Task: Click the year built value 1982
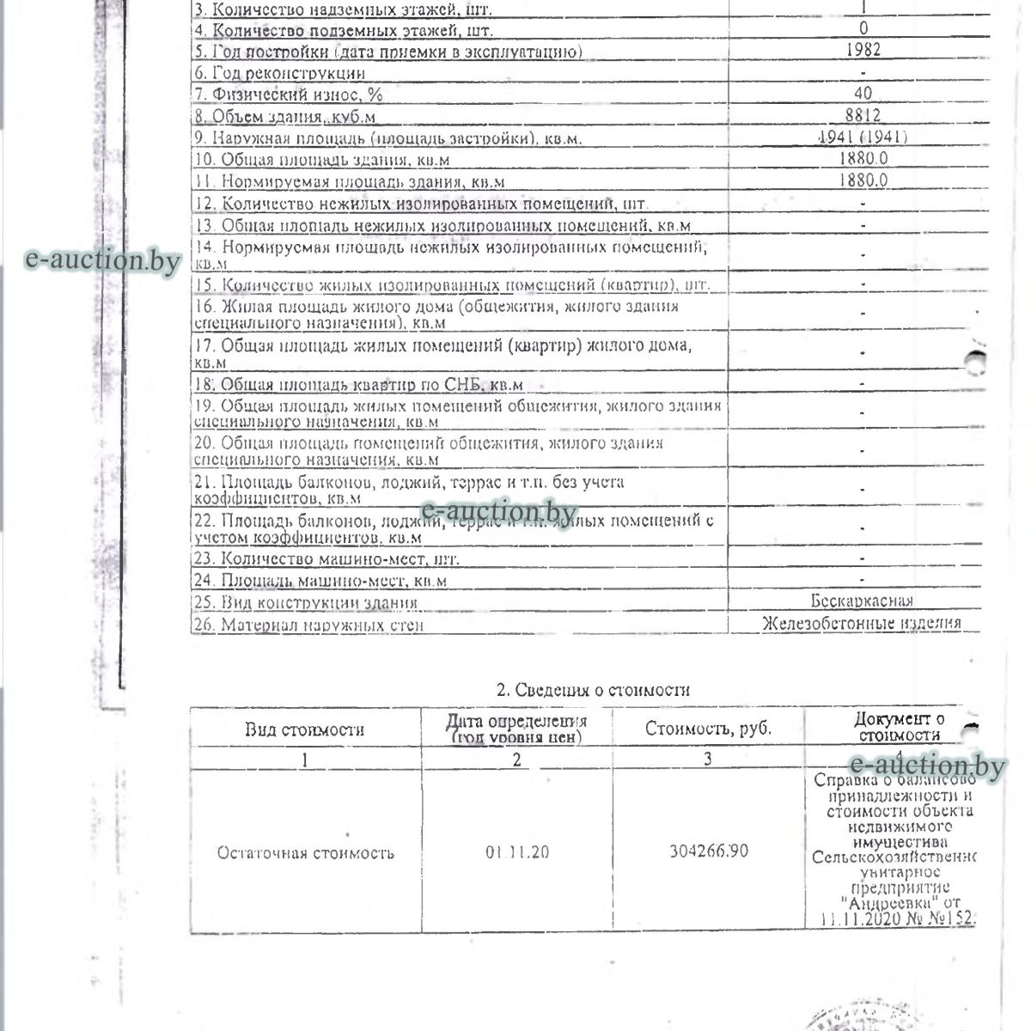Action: [x=863, y=50]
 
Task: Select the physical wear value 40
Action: [x=863, y=94]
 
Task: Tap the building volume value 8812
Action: [x=863, y=115]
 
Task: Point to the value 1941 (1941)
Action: [x=863, y=137]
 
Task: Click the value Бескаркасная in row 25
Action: [x=861, y=601]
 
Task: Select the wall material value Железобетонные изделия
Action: [x=861, y=624]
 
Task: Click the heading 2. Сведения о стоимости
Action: [x=593, y=690]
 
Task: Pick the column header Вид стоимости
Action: [x=304, y=730]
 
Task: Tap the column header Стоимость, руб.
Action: [x=708, y=729]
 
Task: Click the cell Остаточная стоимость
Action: [x=305, y=853]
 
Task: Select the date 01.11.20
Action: [x=516, y=852]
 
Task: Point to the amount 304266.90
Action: [x=708, y=851]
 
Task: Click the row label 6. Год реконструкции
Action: [x=279, y=74]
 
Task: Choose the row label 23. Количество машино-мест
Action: [x=326, y=559]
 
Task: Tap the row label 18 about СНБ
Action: [x=358, y=385]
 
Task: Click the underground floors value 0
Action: [x=863, y=29]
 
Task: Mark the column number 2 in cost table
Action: [x=516, y=760]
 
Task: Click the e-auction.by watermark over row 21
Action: [x=499, y=513]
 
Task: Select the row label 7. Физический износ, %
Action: [x=289, y=95]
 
